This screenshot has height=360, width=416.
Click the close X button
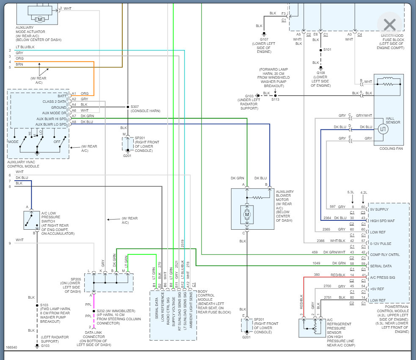click(390, 25)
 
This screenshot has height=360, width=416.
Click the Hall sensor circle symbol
click(383, 129)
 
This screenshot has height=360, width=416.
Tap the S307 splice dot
click(128, 107)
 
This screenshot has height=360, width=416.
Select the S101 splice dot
click(321, 50)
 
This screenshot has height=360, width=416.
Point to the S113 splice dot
click(275, 96)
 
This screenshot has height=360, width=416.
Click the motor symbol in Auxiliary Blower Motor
click(247, 214)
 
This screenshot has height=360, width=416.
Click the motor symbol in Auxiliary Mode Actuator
click(40, 19)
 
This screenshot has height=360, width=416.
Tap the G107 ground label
click(264, 39)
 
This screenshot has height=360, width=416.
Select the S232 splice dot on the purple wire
click(94, 311)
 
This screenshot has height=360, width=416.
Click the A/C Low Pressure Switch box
click(32, 220)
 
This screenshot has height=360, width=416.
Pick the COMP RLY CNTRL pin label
click(385, 255)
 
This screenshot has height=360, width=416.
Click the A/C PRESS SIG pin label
click(383, 278)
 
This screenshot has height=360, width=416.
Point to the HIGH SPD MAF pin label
click(382, 221)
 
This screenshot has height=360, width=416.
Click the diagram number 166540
click(11, 347)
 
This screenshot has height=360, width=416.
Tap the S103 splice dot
click(37, 305)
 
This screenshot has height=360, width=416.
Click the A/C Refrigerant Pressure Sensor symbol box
click(312, 328)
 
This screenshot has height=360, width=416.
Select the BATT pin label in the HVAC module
click(62, 96)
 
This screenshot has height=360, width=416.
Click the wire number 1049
click(316, 263)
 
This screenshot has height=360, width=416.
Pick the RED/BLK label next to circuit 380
click(338, 275)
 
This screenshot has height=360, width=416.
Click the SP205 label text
click(76, 279)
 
